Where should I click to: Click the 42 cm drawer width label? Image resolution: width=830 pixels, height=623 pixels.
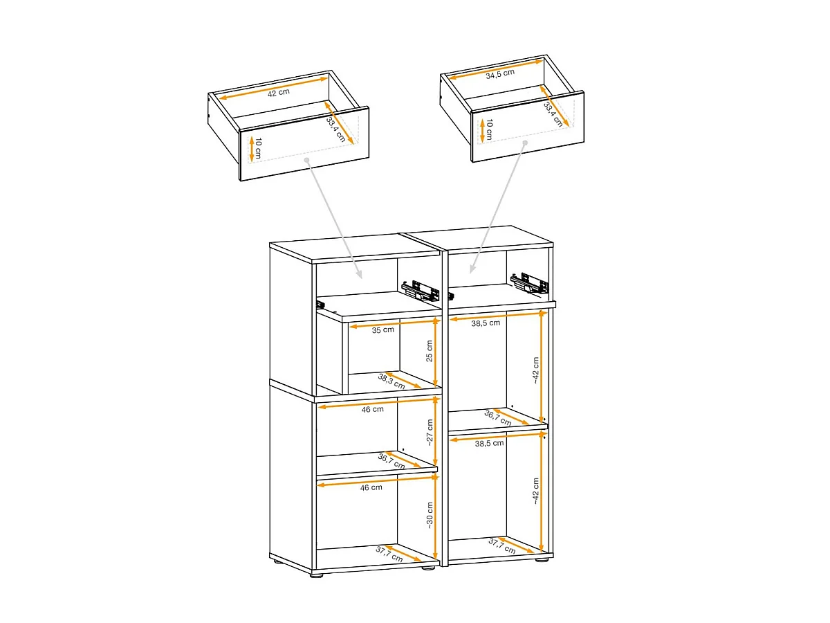(278, 93)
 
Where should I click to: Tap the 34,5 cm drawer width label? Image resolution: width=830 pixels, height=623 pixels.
(500, 74)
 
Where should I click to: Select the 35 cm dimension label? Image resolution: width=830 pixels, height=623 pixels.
(382, 330)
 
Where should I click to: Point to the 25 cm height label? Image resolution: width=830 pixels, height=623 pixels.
(430, 351)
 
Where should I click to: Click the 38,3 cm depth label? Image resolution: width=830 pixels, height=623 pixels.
(391, 381)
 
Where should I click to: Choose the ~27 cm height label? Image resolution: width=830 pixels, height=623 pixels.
(430, 433)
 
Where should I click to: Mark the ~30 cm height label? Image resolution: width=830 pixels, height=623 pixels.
(430, 515)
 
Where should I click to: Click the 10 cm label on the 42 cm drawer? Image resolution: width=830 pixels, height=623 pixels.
(258, 148)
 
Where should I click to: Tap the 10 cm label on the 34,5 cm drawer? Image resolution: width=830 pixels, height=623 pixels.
(489, 129)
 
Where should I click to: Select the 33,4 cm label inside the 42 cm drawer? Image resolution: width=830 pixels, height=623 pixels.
(335, 129)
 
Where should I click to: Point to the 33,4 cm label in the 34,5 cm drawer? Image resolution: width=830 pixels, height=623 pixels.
(553, 114)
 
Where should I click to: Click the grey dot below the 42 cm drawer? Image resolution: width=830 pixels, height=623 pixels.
(307, 161)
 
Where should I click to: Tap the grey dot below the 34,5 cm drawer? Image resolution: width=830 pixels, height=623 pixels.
(525, 143)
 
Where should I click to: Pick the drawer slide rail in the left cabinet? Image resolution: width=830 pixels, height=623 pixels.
(420, 291)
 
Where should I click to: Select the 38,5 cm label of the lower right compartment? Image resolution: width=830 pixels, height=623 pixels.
(489, 443)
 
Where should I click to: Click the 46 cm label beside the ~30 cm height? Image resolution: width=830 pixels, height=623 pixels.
(371, 487)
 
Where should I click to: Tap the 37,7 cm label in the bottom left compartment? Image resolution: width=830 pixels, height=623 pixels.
(389, 554)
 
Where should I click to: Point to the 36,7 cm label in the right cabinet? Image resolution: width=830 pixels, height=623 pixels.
(498, 417)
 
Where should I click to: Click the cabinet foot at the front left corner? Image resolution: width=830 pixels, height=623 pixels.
(317, 575)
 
